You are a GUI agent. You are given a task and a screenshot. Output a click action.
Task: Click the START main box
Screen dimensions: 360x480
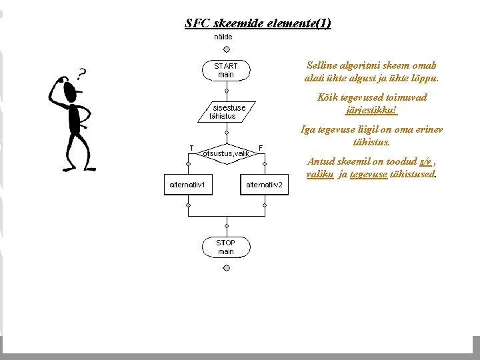(x=226, y=71)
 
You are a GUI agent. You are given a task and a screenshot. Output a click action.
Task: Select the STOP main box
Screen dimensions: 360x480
(x=226, y=247)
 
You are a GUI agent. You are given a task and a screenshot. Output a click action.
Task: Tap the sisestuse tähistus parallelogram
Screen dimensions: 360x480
(x=226, y=112)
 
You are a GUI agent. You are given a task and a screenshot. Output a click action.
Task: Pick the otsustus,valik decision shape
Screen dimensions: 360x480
(x=226, y=153)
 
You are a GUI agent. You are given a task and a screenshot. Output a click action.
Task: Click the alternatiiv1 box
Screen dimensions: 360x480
(x=189, y=185)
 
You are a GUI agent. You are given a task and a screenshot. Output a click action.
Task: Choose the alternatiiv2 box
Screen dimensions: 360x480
(x=265, y=185)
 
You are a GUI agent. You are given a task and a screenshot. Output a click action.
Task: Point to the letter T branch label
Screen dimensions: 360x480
(x=191, y=147)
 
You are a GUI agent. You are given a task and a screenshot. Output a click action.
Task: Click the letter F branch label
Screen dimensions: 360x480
(x=261, y=147)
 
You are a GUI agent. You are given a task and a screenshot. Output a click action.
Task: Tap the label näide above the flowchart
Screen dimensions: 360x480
(x=223, y=37)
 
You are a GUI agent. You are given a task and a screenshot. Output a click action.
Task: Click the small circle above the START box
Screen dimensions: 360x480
(x=226, y=49)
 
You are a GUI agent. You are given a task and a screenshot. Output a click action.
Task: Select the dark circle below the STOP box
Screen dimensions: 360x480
(x=226, y=268)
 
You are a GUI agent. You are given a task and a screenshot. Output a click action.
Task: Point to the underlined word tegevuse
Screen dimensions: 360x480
(x=369, y=174)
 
